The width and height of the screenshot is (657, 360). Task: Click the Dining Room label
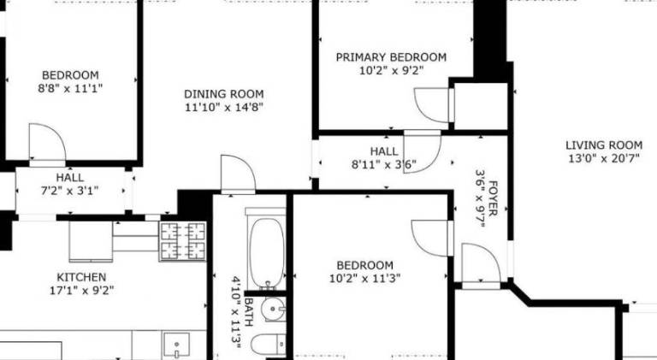[x=224, y=94]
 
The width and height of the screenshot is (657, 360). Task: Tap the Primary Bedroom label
[x=391, y=57]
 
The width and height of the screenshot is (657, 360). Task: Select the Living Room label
[x=604, y=145]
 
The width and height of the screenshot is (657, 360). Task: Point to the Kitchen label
[x=81, y=277]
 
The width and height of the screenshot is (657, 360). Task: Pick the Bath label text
[x=248, y=312]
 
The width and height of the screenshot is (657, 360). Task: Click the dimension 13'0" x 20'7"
[x=604, y=159]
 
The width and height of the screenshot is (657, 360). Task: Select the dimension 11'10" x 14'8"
[x=224, y=107]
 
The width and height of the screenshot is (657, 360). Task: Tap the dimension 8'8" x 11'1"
[x=70, y=88]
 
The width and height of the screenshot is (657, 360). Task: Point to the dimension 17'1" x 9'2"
[x=81, y=290]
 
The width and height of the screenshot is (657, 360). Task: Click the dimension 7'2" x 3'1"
[x=69, y=191]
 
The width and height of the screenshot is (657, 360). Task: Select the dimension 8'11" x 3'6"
[x=384, y=164]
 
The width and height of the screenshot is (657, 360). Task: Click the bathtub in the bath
[x=267, y=252]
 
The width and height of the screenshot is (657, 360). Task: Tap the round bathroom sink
[x=273, y=310]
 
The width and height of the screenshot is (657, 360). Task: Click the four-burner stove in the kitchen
[x=183, y=241]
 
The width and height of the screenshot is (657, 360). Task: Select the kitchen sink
[x=176, y=345]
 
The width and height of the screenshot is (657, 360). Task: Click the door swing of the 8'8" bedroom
[x=47, y=142]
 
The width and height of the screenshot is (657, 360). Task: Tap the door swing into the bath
[x=238, y=173]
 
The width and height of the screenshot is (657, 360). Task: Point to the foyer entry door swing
[x=481, y=263]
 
